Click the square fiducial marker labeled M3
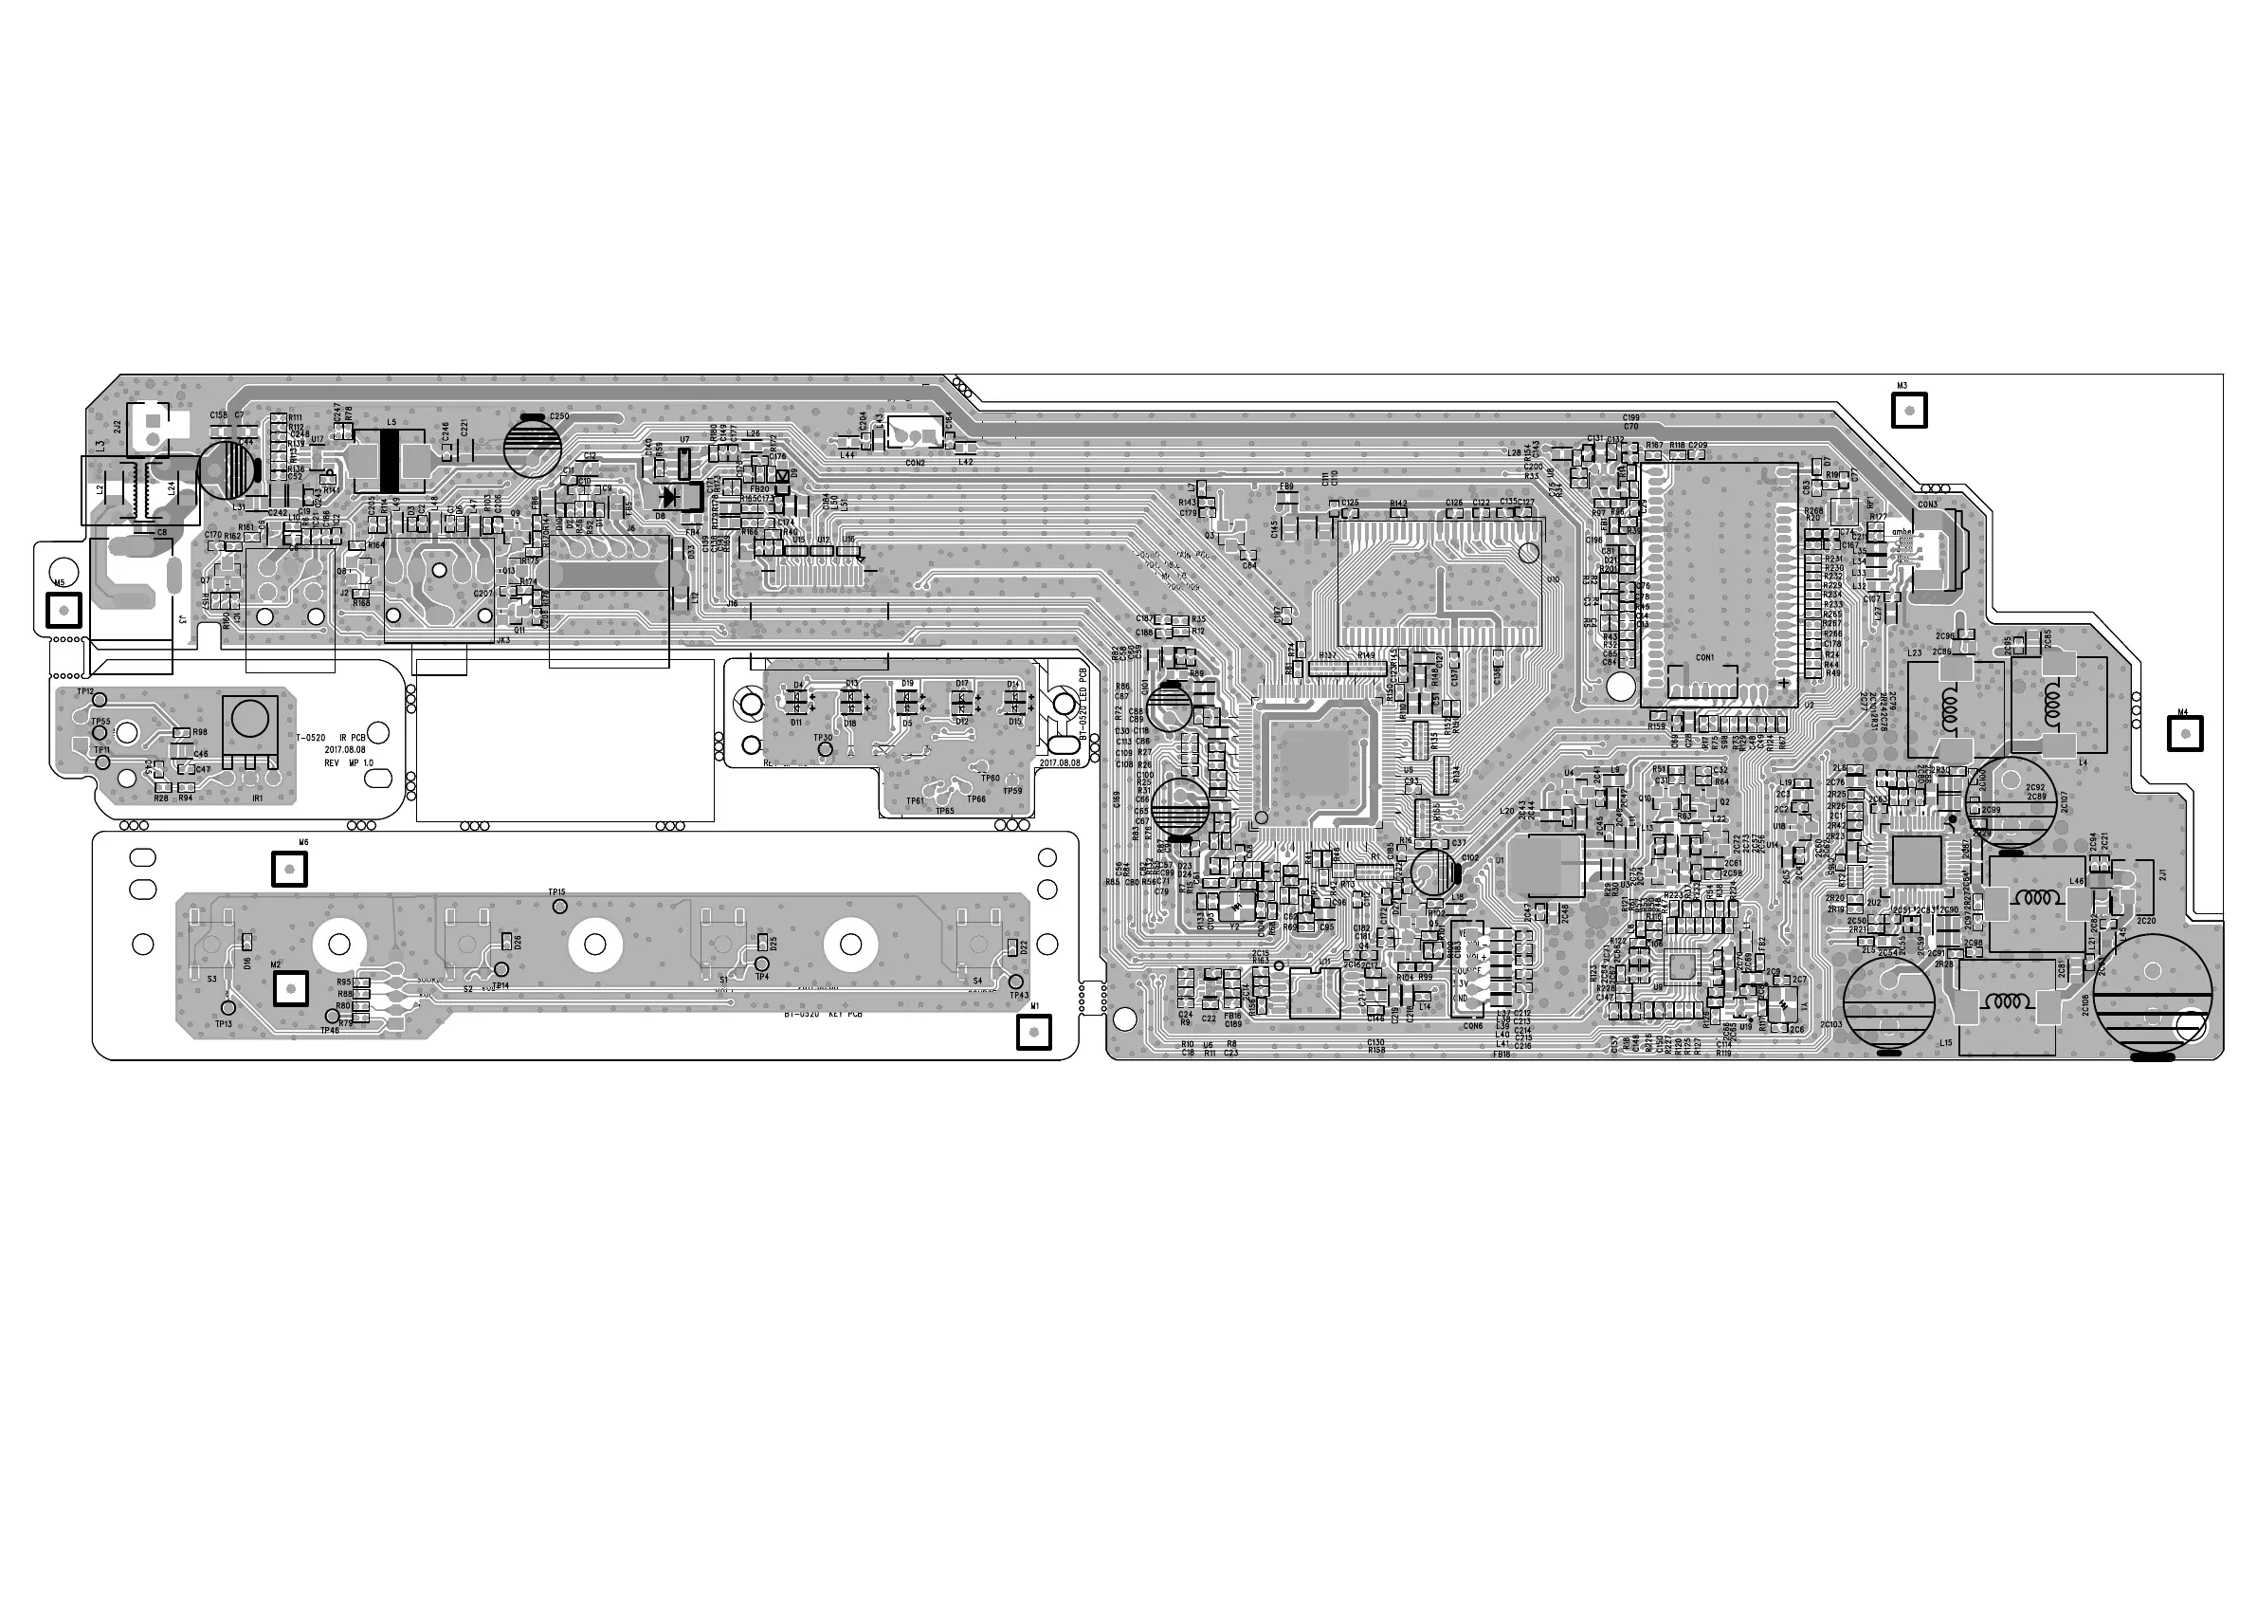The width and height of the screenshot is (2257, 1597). click(x=1909, y=410)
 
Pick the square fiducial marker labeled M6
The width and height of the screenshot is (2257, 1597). click(x=289, y=870)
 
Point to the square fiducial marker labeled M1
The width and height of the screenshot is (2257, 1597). click(x=1034, y=1032)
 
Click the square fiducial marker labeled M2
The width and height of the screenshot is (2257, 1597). click(x=290, y=987)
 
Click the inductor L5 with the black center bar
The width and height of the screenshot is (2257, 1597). click(x=391, y=461)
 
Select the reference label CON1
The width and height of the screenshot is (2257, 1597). click(x=1703, y=658)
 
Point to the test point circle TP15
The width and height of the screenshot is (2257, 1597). click(x=558, y=905)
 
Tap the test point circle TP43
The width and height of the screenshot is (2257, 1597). click(x=1016, y=982)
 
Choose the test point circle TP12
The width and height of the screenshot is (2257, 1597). click(x=100, y=699)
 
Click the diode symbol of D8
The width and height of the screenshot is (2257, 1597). click(x=674, y=497)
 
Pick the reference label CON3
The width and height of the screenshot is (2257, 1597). click(x=1927, y=505)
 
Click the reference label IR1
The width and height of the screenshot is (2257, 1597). click(x=258, y=798)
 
